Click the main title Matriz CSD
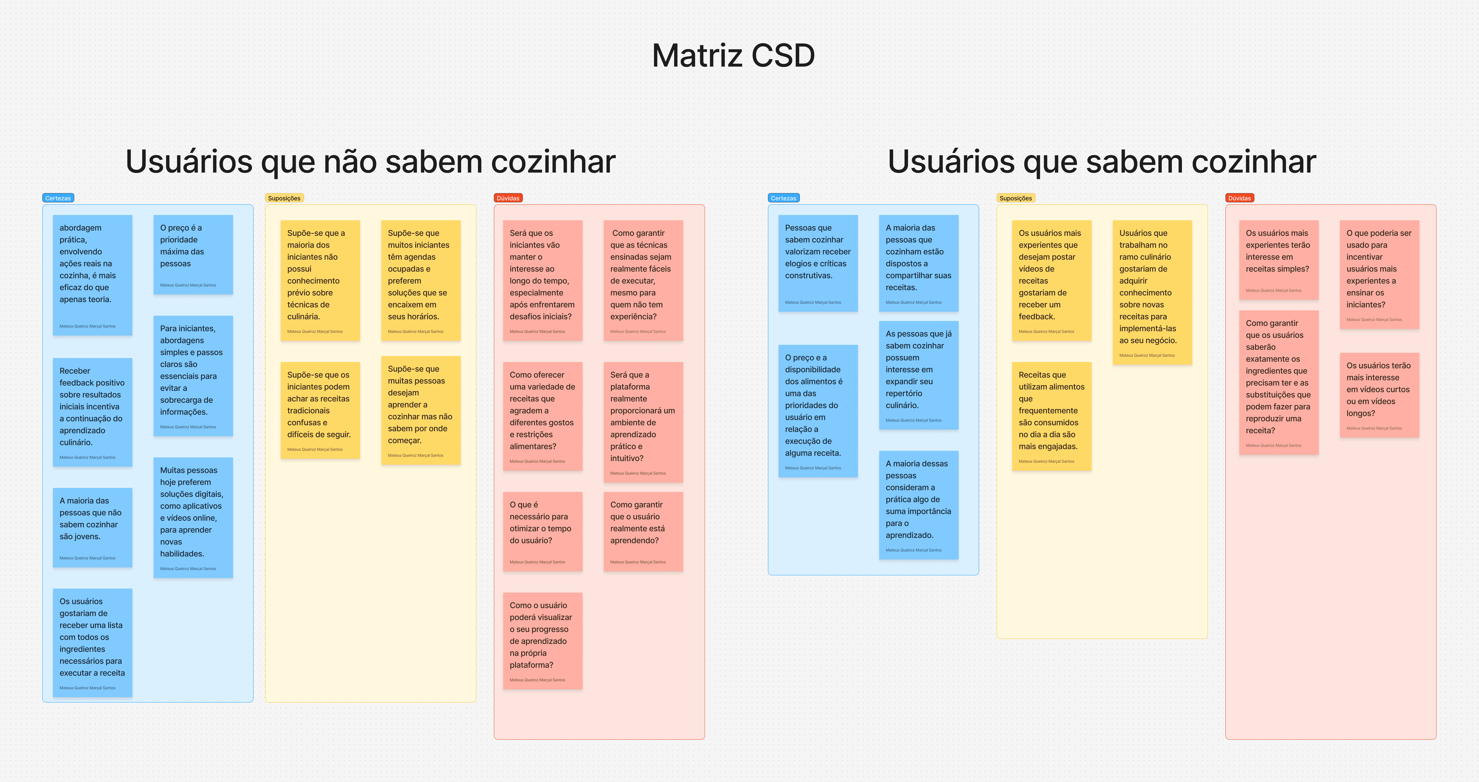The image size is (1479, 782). click(x=733, y=56)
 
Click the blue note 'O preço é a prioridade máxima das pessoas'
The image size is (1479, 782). click(x=193, y=254)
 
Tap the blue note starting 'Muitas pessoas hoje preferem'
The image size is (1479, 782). click(x=193, y=517)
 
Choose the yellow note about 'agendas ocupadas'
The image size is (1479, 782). click(x=420, y=280)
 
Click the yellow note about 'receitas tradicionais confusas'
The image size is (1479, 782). click(x=320, y=410)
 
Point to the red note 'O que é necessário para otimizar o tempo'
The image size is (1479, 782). click(x=542, y=531)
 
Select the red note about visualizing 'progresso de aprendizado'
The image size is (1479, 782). click(x=542, y=640)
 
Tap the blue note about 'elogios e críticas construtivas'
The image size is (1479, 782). click(x=818, y=263)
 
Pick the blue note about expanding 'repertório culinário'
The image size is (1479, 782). click(x=918, y=375)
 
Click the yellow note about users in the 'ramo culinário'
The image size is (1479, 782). click(x=1152, y=292)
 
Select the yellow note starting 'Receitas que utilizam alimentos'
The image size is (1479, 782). click(x=1051, y=416)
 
